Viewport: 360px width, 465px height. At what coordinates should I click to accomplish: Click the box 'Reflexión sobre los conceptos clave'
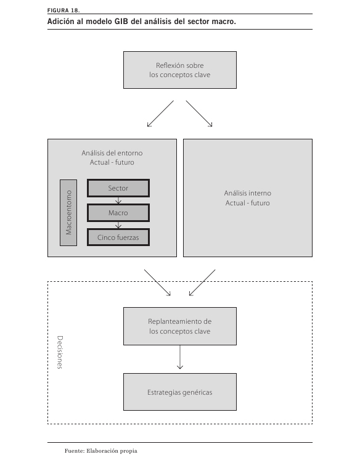point(180,70)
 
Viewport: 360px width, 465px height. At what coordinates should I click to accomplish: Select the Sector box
point(118,188)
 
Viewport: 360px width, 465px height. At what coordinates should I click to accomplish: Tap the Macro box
point(118,213)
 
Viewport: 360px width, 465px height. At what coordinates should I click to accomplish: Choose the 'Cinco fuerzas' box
point(118,237)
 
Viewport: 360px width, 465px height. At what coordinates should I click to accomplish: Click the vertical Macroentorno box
point(68,213)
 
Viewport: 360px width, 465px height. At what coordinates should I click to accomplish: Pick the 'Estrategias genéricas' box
point(180,392)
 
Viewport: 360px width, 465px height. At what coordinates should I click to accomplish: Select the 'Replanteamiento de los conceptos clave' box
point(180,326)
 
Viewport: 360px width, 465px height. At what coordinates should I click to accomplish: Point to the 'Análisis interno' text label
point(248,193)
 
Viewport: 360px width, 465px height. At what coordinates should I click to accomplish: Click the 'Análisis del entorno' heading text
point(112,153)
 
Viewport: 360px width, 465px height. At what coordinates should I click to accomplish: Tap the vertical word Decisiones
point(60,352)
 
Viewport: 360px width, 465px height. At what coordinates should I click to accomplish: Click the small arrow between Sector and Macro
point(118,201)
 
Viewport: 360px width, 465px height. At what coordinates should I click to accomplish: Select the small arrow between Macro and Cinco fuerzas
point(118,225)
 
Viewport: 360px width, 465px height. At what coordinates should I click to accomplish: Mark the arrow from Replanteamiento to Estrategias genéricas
point(180,357)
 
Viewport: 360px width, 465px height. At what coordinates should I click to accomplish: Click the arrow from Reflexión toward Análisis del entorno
point(160,114)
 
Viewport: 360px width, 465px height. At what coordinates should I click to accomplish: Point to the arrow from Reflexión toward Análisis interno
point(199,114)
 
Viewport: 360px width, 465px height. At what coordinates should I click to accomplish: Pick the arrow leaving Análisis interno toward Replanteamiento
point(202,282)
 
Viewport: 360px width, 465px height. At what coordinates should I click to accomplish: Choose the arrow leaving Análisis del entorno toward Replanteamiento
point(157,282)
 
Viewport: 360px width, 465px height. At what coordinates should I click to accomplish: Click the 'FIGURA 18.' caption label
point(63,10)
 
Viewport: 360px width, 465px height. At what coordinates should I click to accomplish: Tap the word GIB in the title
point(121,22)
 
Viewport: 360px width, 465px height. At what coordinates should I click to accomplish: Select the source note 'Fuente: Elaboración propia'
point(101,451)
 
